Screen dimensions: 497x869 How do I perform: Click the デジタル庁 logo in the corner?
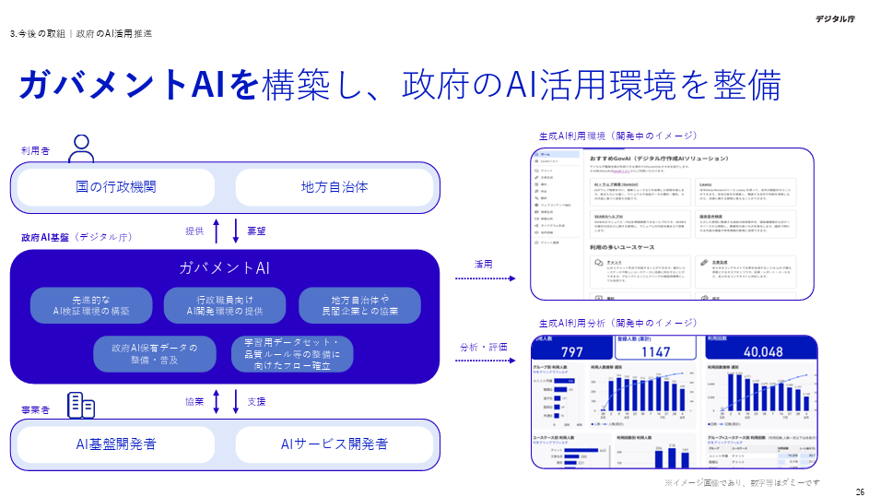(x=838, y=18)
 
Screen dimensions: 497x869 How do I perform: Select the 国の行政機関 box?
(x=116, y=187)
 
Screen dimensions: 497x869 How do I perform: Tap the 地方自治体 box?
(x=335, y=187)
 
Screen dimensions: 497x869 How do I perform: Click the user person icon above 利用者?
(x=82, y=148)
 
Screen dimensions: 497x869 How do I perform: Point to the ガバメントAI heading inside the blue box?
(x=225, y=268)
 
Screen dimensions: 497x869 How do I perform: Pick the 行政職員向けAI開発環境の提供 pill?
(x=225, y=305)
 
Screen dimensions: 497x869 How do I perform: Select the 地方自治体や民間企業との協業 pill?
(x=359, y=305)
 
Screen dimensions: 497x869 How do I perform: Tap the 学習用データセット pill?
(x=291, y=354)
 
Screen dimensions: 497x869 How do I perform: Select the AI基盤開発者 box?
(x=116, y=444)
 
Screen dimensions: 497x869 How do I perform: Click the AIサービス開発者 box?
(x=335, y=444)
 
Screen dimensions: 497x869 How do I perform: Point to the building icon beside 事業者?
(x=82, y=405)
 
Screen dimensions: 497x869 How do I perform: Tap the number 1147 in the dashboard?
(x=656, y=351)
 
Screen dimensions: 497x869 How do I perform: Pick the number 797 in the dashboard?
(x=571, y=351)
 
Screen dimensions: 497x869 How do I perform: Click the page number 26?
(x=860, y=491)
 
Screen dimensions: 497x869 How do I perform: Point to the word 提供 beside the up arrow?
(x=194, y=231)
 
